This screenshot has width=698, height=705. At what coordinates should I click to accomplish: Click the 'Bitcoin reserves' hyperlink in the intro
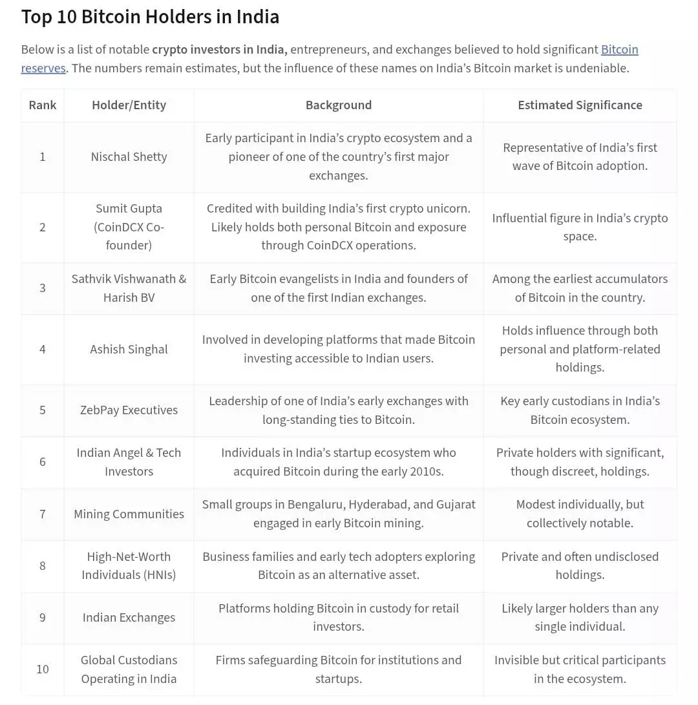[619, 50]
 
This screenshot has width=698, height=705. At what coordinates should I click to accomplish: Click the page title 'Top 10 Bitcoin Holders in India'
[150, 17]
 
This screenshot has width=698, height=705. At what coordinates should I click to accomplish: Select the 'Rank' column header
[43, 105]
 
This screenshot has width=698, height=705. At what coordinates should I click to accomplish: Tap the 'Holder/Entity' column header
[129, 105]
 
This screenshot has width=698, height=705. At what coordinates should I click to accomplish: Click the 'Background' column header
[338, 105]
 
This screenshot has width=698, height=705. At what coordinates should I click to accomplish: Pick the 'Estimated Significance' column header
[580, 105]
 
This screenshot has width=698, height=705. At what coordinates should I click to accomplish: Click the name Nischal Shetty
[129, 157]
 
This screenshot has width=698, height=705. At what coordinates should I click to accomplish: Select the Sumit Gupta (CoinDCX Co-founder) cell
[129, 227]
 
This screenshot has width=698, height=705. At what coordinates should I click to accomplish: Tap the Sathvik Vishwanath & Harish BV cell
[129, 288]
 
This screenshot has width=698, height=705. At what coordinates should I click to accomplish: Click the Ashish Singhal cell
[129, 350]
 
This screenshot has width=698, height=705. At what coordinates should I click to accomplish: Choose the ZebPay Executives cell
[129, 410]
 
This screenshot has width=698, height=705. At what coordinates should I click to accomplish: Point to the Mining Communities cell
[129, 514]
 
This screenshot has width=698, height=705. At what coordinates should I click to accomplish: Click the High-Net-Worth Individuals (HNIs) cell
[129, 565]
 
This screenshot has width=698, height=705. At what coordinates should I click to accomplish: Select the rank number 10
[43, 669]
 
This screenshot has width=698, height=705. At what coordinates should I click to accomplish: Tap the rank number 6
[43, 462]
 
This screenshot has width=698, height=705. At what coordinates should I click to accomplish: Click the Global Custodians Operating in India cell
[129, 669]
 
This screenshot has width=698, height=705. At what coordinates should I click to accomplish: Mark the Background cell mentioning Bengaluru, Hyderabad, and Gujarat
[338, 514]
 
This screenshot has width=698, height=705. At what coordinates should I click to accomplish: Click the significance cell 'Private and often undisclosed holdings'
[580, 565]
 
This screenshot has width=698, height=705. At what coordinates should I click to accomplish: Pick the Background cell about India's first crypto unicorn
[338, 227]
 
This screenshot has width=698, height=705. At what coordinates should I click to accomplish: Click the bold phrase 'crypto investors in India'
[219, 50]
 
